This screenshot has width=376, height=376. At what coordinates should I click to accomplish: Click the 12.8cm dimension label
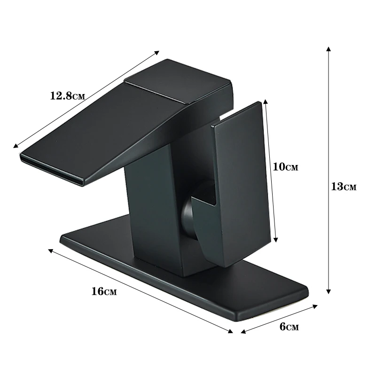point(67,96)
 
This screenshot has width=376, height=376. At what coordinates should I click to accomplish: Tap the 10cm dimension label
point(286,167)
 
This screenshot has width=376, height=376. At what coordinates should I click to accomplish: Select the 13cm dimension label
point(344,187)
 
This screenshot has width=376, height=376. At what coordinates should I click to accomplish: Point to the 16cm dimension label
point(104,291)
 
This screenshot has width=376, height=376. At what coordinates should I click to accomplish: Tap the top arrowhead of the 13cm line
point(329,49)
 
